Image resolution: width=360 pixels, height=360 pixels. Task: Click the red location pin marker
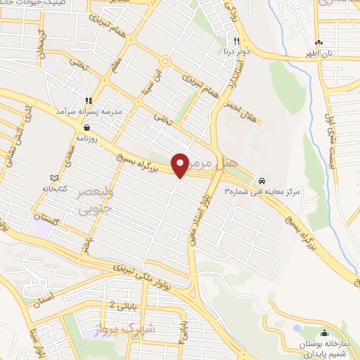(x=181, y=165)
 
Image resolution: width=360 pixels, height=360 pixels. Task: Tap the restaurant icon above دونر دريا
(x=237, y=41)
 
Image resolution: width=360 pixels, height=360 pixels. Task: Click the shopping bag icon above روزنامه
(x=86, y=128)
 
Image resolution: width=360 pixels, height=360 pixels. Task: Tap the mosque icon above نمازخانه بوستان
(x=324, y=333)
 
